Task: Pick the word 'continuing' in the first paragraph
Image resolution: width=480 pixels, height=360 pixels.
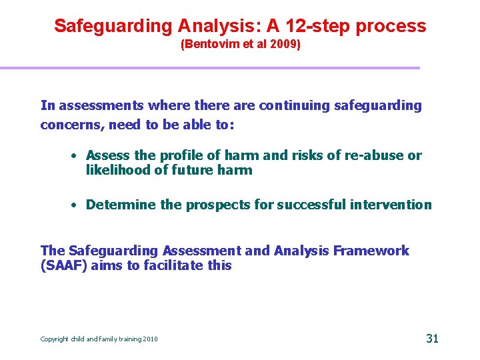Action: click(x=297, y=105)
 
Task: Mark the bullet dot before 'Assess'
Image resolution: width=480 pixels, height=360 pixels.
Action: click(x=77, y=156)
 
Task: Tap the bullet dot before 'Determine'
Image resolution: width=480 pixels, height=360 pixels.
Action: click(x=77, y=205)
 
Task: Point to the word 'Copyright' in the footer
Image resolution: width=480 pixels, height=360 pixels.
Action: click(x=55, y=339)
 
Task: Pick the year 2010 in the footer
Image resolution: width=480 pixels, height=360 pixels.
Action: click(x=150, y=339)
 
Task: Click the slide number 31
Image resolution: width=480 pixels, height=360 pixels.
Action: click(x=432, y=338)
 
